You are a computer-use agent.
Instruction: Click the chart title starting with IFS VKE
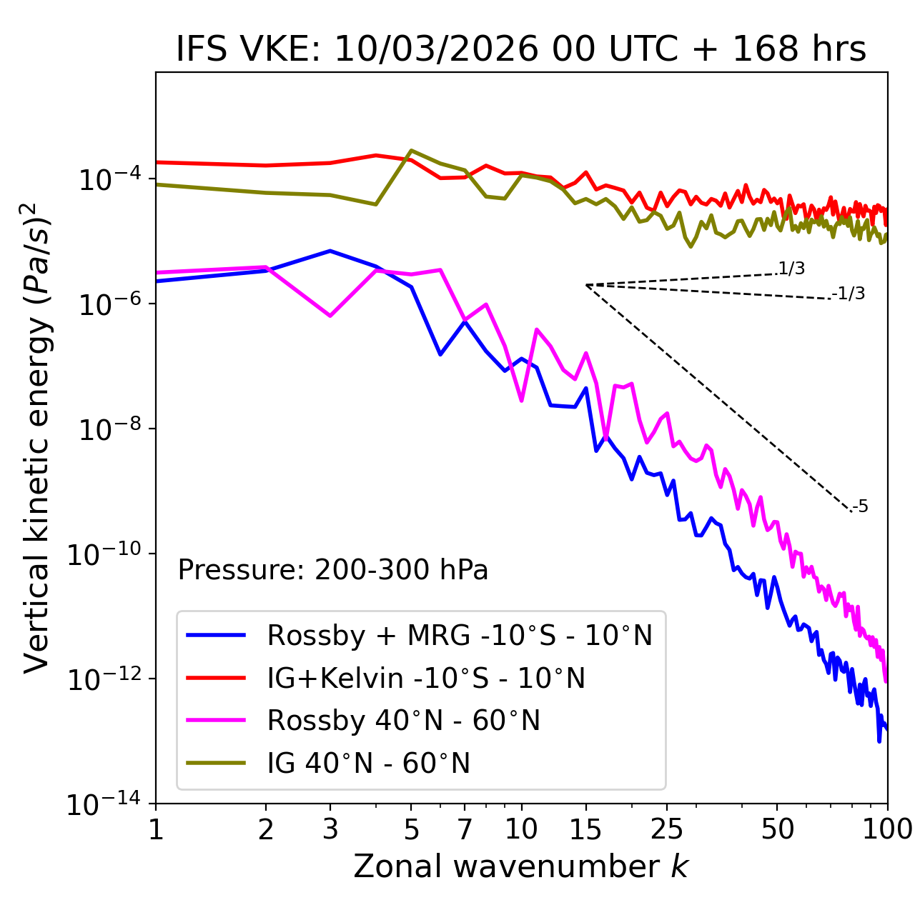point(521,50)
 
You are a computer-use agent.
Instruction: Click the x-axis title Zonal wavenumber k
point(521,866)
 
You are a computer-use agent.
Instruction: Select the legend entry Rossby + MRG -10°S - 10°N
point(460,635)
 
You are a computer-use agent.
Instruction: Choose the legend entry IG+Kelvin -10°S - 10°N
point(426,678)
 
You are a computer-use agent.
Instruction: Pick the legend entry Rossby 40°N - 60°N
point(403,721)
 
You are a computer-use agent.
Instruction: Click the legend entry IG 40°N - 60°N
point(368,764)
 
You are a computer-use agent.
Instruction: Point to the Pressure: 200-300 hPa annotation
point(333,570)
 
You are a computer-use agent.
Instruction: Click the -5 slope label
point(860,507)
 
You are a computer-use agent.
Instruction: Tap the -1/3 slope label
point(849,294)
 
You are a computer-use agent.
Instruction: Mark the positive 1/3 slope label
point(791,269)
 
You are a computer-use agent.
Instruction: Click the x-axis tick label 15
point(585,829)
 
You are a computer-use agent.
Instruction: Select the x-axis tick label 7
point(465,829)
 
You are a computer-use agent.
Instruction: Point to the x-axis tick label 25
point(667,829)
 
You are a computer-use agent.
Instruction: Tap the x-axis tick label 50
point(778,829)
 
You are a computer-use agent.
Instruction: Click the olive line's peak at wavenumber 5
point(411,151)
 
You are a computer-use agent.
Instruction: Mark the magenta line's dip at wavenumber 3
point(330,316)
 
